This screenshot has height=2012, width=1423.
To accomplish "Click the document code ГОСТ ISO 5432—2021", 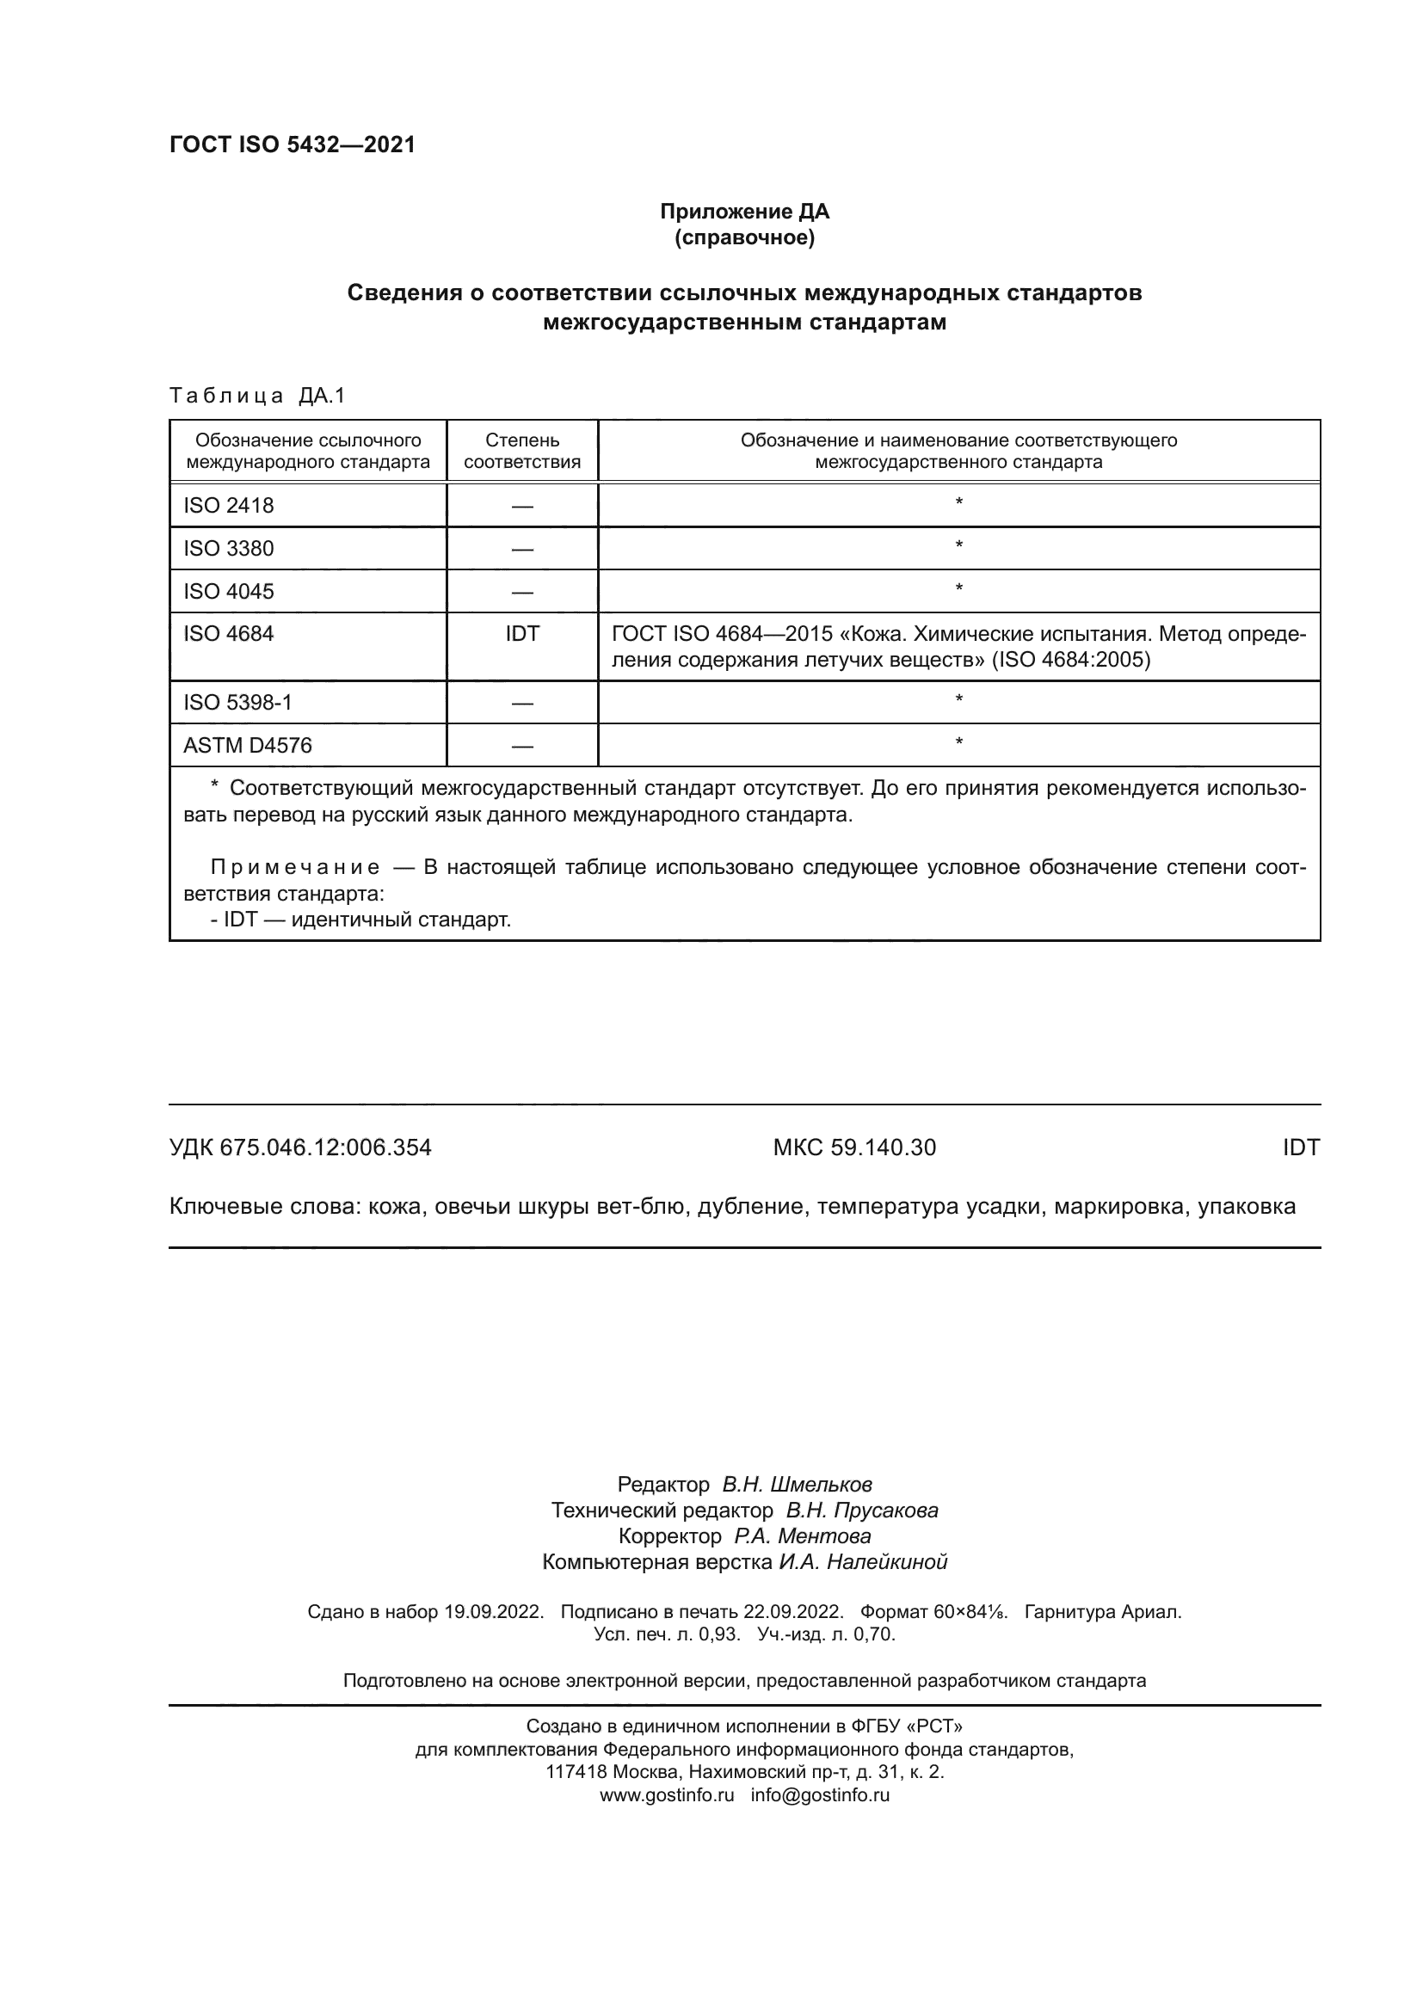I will [x=292, y=145].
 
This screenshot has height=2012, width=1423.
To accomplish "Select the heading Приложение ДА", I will [x=744, y=212].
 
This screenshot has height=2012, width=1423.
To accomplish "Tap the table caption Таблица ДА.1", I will [x=257, y=396].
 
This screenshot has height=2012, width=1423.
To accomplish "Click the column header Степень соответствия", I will [x=522, y=452].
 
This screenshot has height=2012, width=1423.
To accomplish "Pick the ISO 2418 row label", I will [x=229, y=506].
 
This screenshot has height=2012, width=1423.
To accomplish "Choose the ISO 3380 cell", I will [x=229, y=549].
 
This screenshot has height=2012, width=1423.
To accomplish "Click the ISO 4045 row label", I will [x=229, y=592].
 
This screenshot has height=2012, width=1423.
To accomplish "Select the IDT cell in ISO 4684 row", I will [x=522, y=634].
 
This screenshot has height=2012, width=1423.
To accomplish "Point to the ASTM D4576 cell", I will [x=248, y=746].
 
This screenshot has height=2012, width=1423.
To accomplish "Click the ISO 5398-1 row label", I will [x=237, y=703].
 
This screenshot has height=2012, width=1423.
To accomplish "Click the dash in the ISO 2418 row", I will [x=522, y=507].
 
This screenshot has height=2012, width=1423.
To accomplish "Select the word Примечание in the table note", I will [x=295, y=868].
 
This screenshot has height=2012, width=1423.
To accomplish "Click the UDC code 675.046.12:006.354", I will [x=326, y=1148].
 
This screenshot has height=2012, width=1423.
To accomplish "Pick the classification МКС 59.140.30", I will [x=854, y=1148].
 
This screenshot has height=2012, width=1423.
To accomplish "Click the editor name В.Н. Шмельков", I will [x=797, y=1485].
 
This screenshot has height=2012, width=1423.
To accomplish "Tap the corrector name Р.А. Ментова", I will [x=803, y=1536].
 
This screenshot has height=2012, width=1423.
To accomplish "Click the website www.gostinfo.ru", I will [x=667, y=1794].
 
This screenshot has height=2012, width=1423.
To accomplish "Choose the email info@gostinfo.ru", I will [x=820, y=1794].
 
